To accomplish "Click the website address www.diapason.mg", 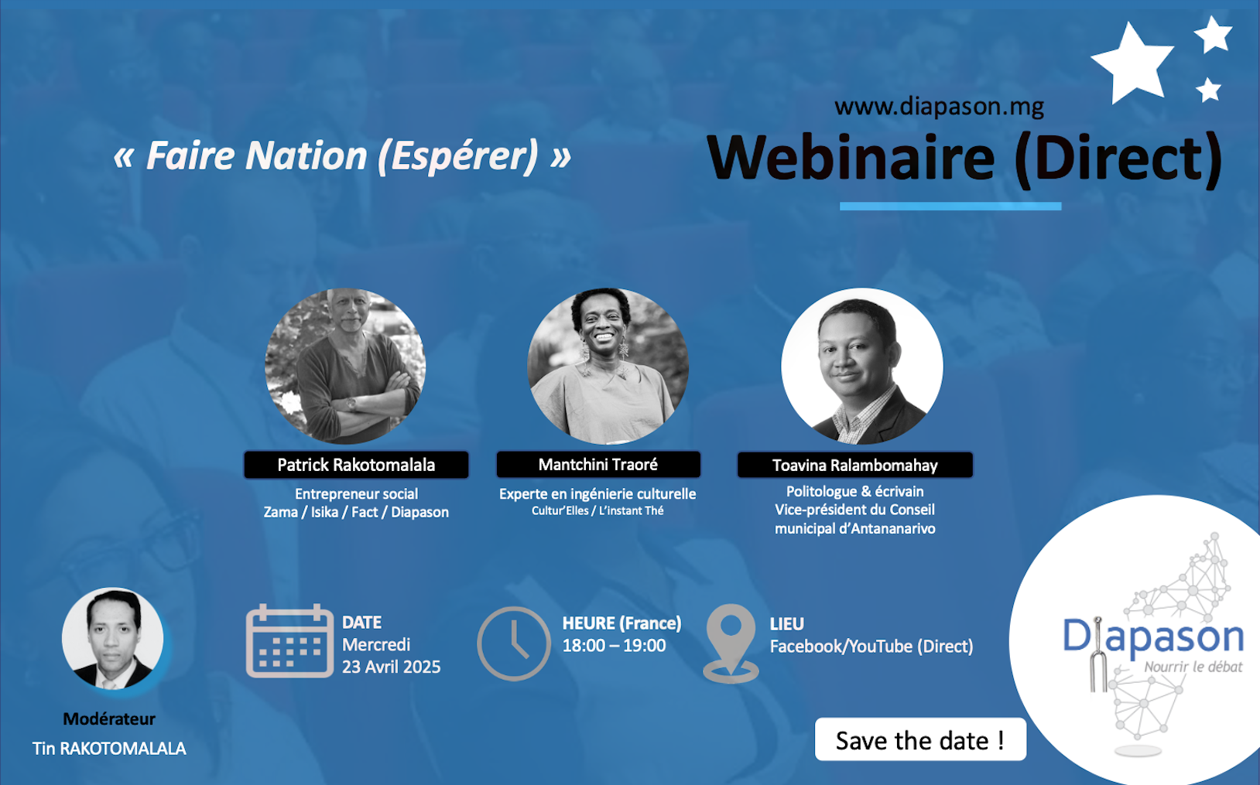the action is coord(939,106).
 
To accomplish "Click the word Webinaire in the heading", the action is coord(851,158).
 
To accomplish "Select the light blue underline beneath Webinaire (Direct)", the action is coord(950,206).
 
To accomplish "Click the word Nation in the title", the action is coord(306,155).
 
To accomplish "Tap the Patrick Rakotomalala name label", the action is coord(356,465).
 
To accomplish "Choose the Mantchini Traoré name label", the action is coord(598,464).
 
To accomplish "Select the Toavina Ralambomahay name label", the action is coord(855,466).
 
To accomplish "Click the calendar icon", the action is coord(289,640).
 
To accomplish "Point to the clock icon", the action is coord(514,643).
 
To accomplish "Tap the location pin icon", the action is coord(731,643).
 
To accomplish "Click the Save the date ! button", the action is coord(920,739).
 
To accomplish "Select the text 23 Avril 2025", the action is coord(392,667).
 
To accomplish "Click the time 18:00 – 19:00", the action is coord(615,646).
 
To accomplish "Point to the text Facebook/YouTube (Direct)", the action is coord(871,647).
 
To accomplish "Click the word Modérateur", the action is coord(109,718).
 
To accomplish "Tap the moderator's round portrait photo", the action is coord(113,638).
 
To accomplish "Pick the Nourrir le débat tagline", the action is coord(1193,667).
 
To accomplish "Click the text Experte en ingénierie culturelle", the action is coord(597,494).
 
